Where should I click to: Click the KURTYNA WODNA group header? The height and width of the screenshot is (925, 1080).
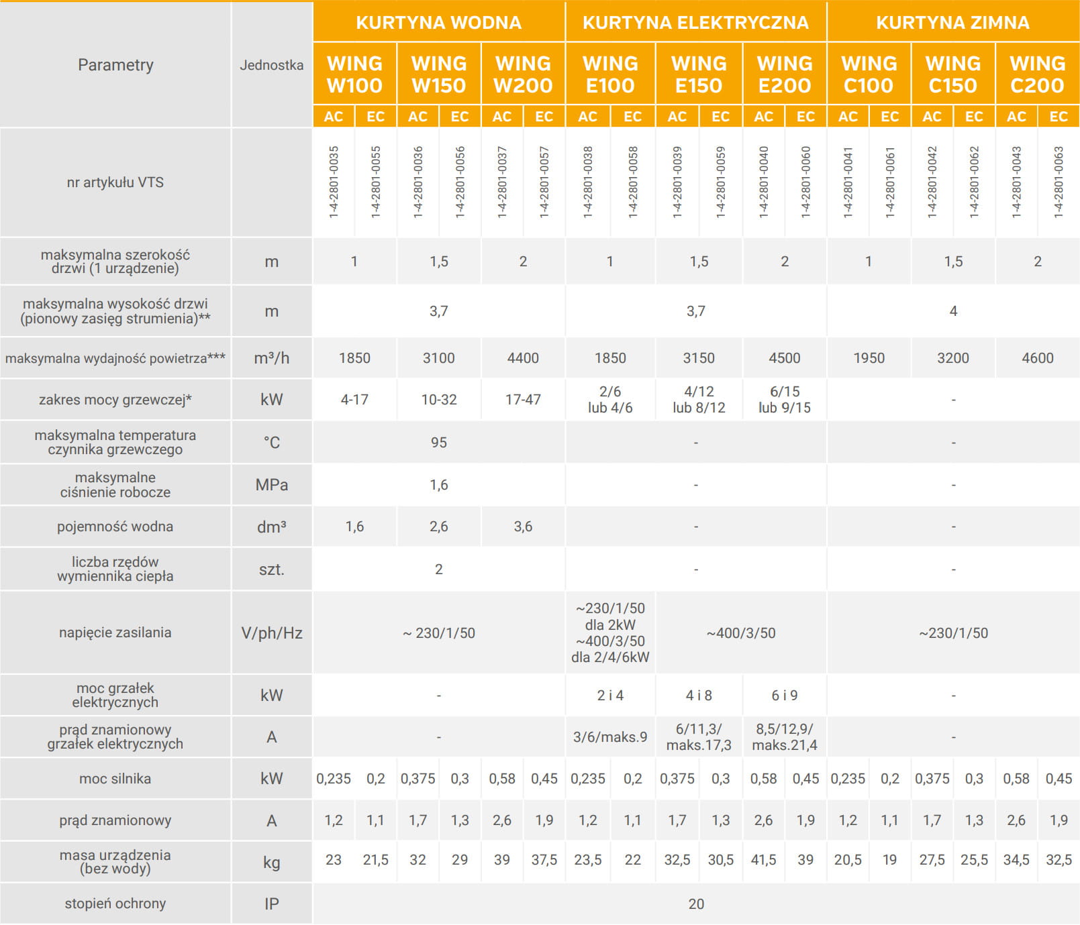click(438, 22)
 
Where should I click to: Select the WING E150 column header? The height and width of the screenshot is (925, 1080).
click(699, 74)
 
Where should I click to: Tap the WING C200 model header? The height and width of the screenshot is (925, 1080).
click(1037, 74)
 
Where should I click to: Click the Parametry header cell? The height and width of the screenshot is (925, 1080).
click(115, 65)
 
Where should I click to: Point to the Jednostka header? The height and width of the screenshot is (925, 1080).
click(271, 65)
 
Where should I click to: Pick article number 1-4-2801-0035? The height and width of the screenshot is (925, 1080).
click(334, 182)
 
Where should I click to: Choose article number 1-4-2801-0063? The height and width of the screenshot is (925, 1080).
click(1059, 182)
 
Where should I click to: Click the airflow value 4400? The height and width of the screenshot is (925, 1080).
click(523, 358)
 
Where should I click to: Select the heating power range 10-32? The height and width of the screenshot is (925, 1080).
click(439, 400)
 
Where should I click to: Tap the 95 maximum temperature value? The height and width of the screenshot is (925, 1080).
click(438, 443)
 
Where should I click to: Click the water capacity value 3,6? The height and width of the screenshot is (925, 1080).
click(523, 527)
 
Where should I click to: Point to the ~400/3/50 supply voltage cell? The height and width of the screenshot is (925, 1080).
click(741, 633)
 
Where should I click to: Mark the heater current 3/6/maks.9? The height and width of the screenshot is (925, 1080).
click(610, 737)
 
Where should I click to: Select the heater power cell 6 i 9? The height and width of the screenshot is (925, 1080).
click(785, 696)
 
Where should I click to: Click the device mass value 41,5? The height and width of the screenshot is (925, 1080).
click(763, 861)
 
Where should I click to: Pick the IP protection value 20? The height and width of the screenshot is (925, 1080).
click(696, 904)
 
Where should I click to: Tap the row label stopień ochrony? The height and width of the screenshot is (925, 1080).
click(115, 904)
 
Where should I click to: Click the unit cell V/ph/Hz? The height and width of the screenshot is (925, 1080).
click(271, 633)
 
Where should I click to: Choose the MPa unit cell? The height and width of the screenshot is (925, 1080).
click(271, 485)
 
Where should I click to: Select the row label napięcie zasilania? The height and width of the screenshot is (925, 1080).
click(115, 633)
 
